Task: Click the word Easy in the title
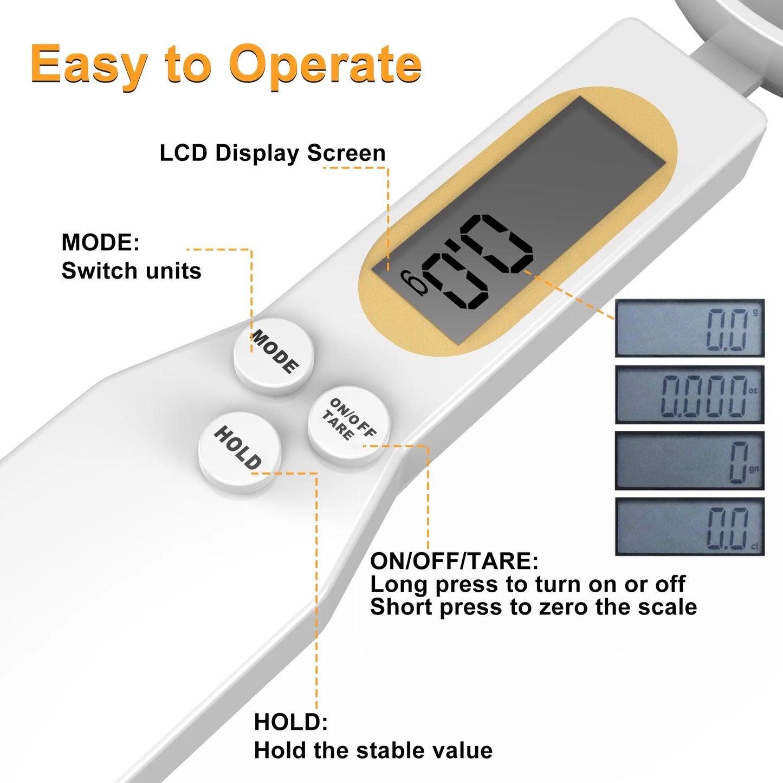click(x=89, y=66)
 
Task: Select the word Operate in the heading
click(x=325, y=66)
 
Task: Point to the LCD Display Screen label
click(x=273, y=153)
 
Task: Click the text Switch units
click(x=131, y=270)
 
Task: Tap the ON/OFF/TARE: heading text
click(x=454, y=561)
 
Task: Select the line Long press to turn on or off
click(x=528, y=584)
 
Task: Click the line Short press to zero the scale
click(x=534, y=607)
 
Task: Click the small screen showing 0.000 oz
click(x=690, y=394)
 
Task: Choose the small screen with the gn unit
click(x=690, y=461)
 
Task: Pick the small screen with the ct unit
click(x=690, y=526)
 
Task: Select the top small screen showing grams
click(x=690, y=328)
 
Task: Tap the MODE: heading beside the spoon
click(x=100, y=242)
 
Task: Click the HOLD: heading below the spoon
click(x=291, y=722)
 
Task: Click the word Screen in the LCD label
click(x=346, y=153)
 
